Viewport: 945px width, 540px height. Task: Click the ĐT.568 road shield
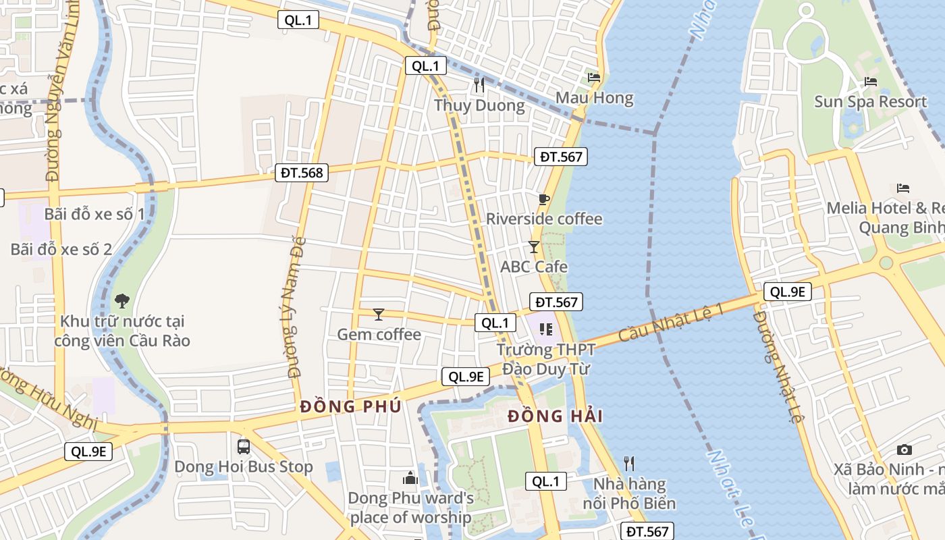(302, 173)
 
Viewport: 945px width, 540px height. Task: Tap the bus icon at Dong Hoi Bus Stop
(244, 446)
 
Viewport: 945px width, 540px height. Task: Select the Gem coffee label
(379, 334)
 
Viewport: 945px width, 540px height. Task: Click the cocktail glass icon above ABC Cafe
(533, 247)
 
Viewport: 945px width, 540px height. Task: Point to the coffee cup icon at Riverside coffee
(543, 199)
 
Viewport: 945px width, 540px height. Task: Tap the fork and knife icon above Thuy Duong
(479, 85)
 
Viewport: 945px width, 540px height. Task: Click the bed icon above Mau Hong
(594, 78)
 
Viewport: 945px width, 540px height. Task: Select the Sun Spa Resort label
(870, 102)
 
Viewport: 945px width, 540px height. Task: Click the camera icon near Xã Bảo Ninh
(904, 450)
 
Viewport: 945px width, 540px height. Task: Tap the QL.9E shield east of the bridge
(788, 292)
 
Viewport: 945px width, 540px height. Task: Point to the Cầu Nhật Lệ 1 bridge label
(671, 321)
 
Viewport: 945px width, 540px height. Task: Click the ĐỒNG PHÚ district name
(350, 406)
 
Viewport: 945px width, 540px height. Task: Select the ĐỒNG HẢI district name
(555, 416)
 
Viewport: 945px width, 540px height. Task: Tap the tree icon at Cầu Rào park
(122, 300)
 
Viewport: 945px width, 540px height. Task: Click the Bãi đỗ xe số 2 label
(61, 249)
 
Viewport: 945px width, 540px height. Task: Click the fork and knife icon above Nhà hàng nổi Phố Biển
(629, 463)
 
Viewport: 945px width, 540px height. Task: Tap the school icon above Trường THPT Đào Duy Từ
(545, 329)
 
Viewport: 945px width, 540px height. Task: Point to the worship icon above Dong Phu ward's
(410, 479)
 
